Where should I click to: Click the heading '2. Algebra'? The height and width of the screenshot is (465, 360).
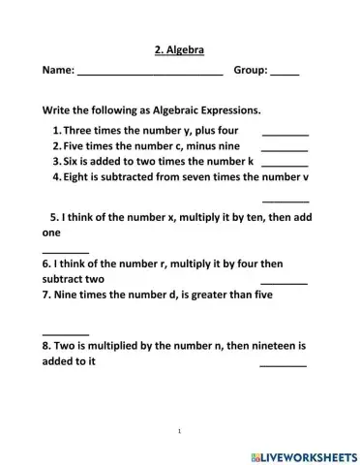tap(180, 48)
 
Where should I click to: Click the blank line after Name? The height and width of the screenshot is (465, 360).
tap(150, 75)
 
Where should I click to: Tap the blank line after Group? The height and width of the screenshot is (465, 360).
tap(285, 75)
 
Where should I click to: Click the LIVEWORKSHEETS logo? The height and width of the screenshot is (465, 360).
tap(304, 452)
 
